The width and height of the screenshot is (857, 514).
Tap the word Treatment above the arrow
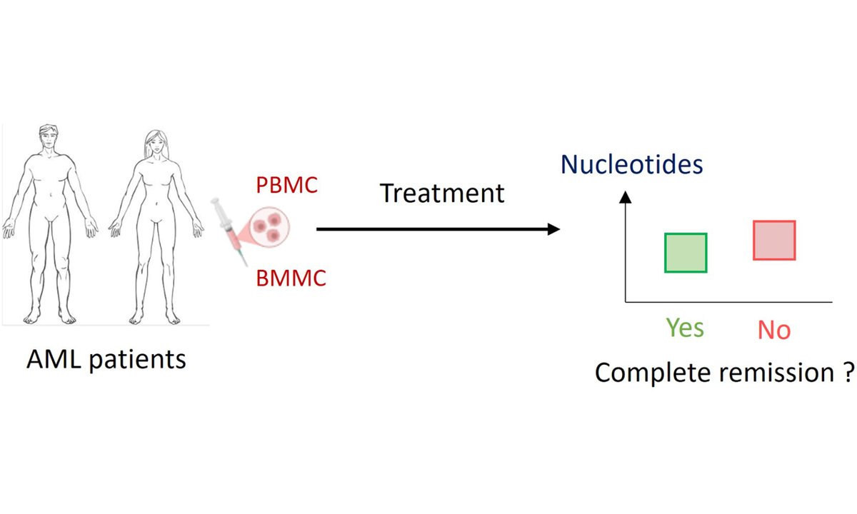442,193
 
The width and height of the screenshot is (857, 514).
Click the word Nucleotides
632,164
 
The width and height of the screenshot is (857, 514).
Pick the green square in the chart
686,253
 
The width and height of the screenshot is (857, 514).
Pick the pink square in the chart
774,240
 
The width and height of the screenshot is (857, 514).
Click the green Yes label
685,328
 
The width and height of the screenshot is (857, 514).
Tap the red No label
774,330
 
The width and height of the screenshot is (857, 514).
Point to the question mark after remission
848,372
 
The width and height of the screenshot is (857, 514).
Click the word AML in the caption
50,359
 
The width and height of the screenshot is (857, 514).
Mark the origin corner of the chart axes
626,302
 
